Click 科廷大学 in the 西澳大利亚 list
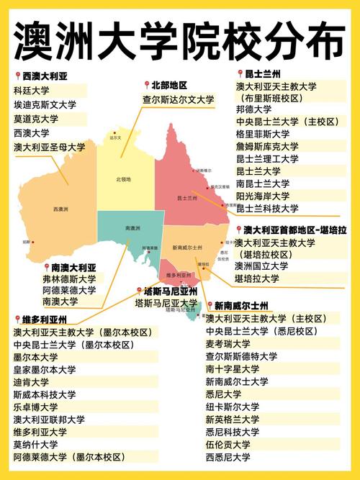coord(33,91)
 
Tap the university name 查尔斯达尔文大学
coord(179,99)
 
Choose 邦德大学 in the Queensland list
coord(254,109)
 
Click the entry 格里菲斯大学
coord(263,134)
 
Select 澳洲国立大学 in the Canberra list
coord(261,266)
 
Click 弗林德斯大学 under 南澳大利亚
coord(68,279)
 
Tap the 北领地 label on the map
coord(123,179)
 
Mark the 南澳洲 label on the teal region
coord(132,228)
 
